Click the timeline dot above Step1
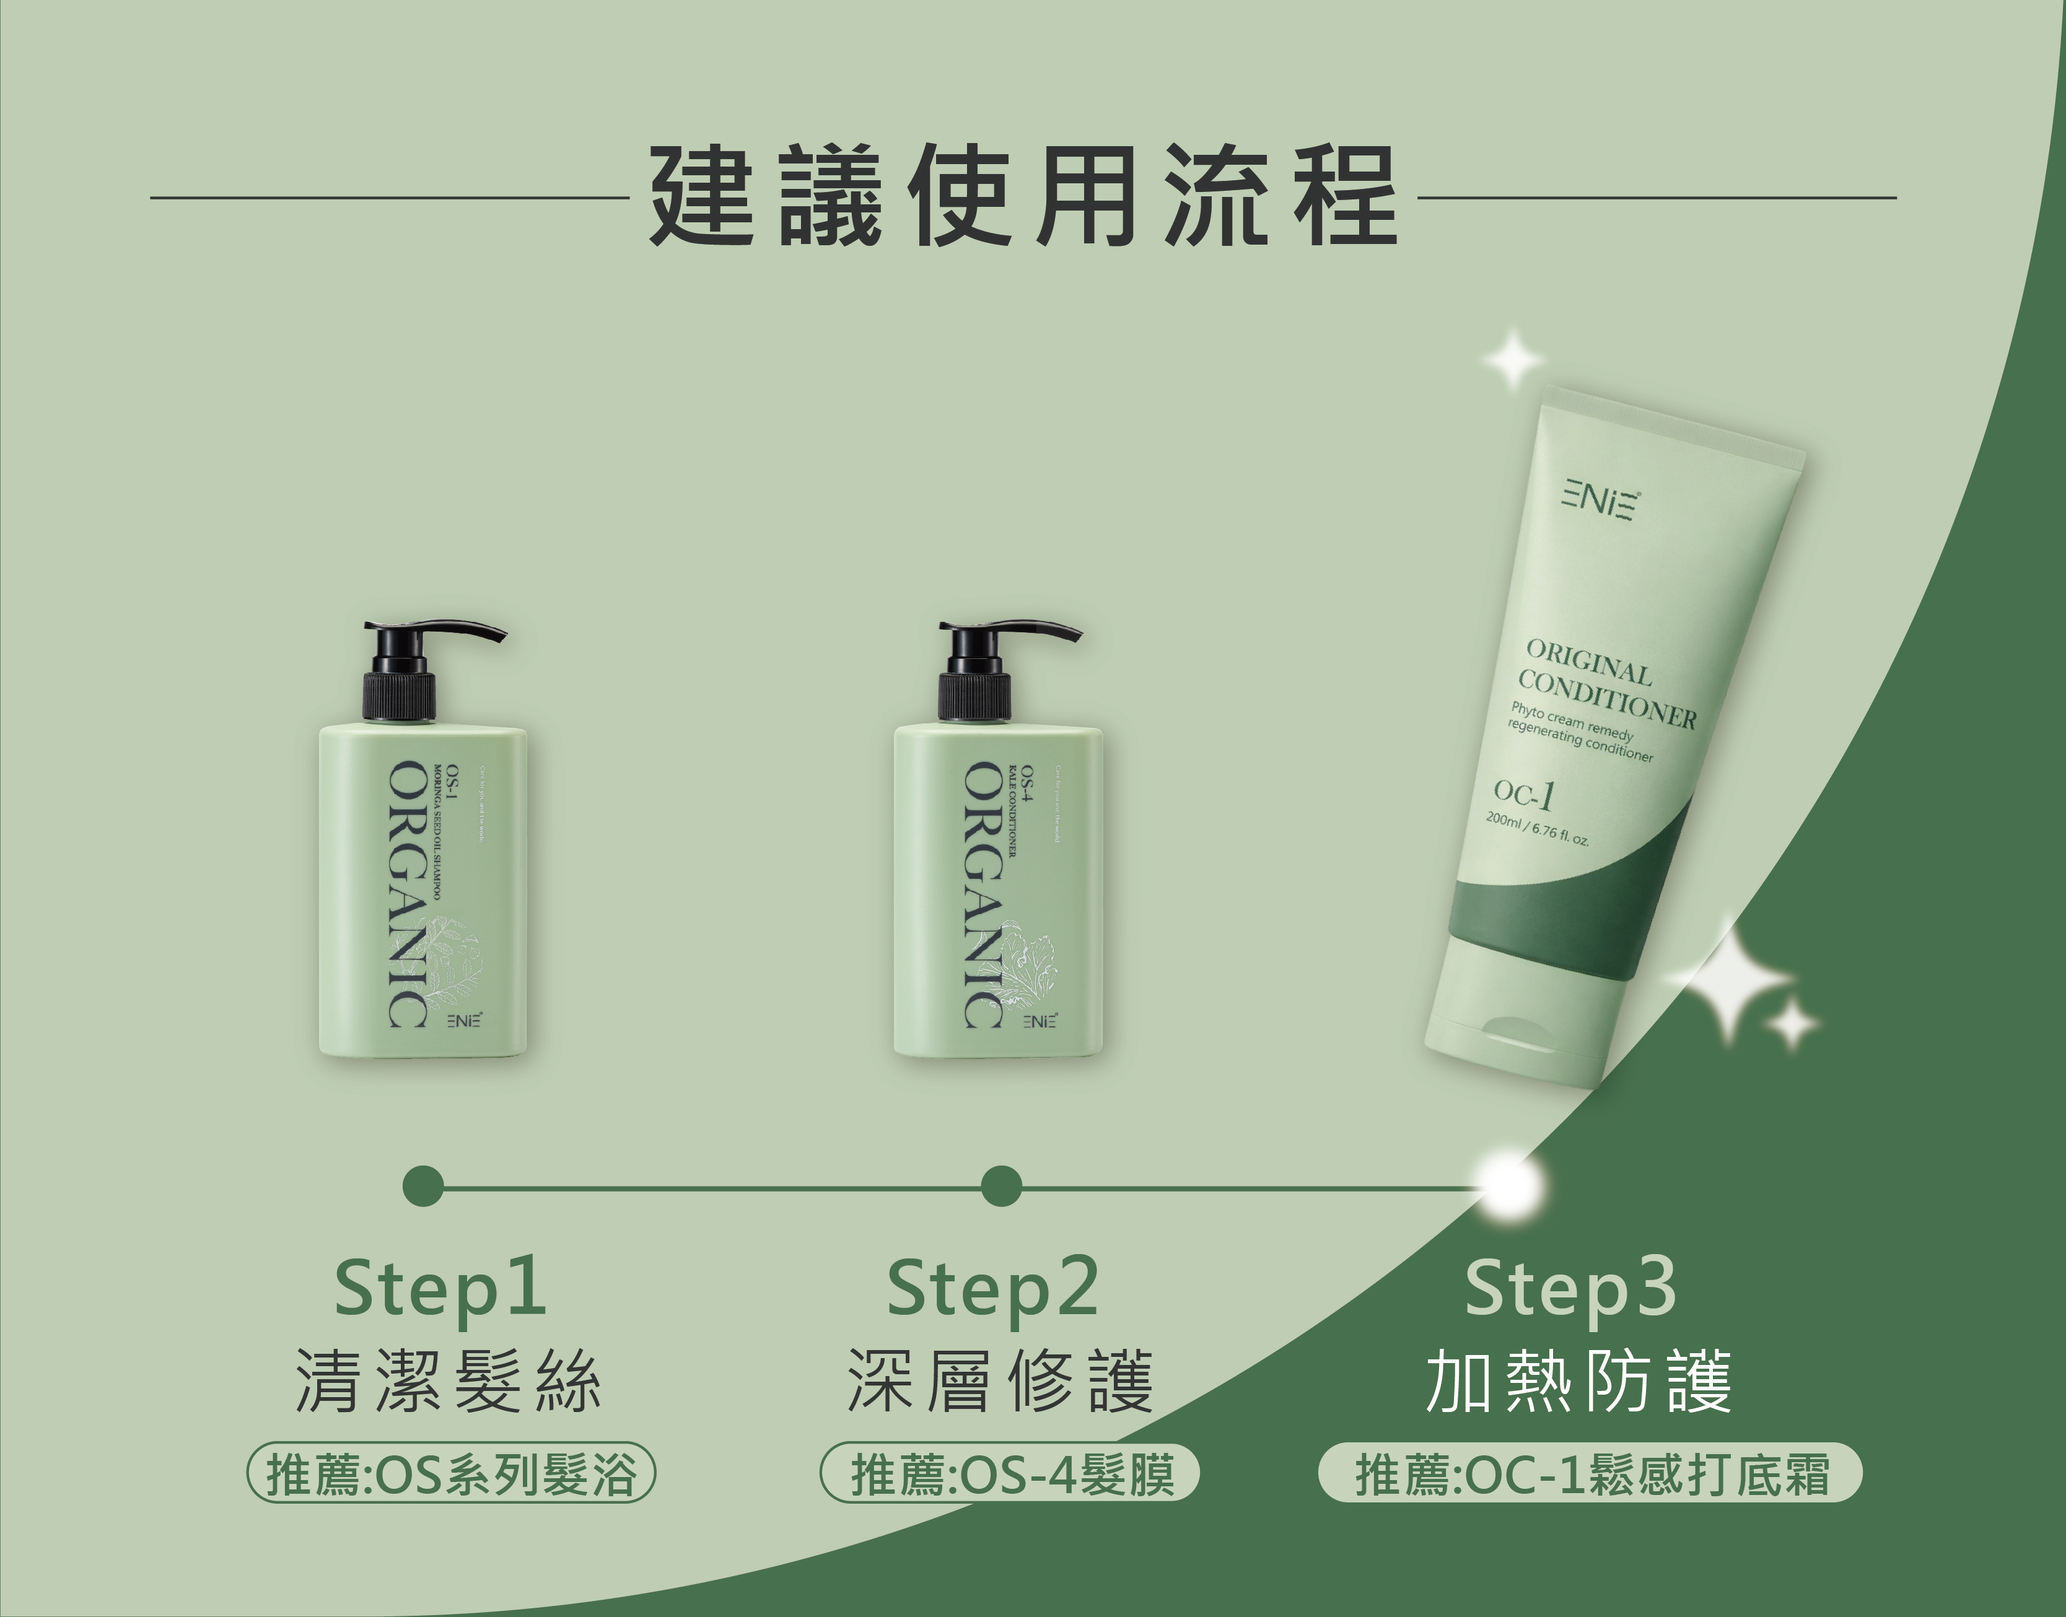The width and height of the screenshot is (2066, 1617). pyautogui.click(x=423, y=1186)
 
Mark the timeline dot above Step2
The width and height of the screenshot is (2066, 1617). pyautogui.click(x=1001, y=1186)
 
